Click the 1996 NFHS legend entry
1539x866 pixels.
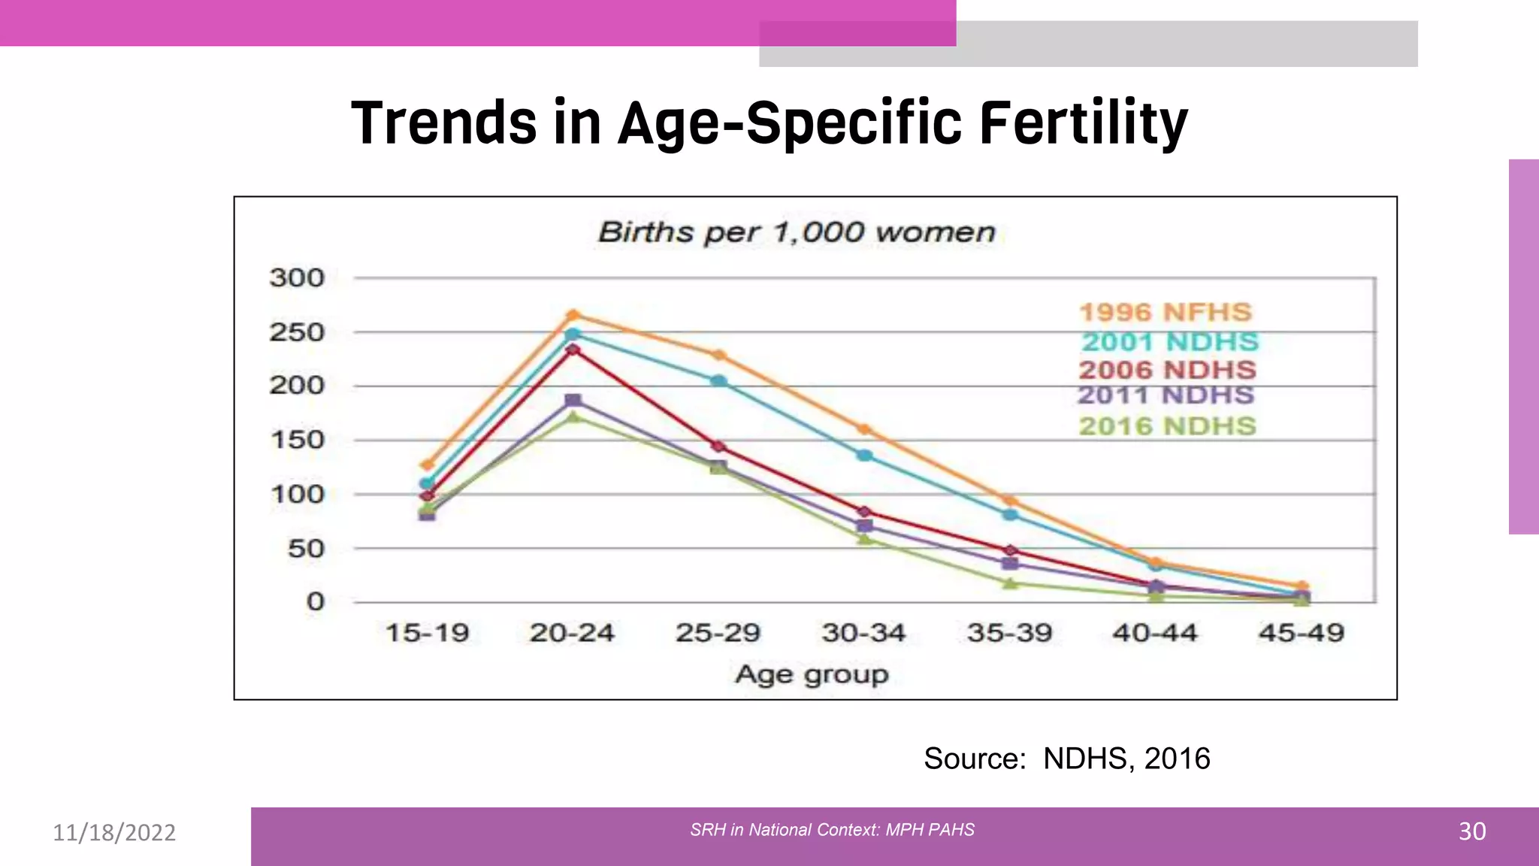click(1165, 312)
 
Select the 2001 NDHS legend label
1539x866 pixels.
click(1169, 342)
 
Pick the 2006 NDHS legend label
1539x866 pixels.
click(1167, 370)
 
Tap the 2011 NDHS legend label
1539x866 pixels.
click(1166, 395)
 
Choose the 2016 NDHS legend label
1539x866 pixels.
click(1167, 426)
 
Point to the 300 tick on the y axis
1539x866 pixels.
click(297, 278)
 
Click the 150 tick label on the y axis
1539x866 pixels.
click(297, 440)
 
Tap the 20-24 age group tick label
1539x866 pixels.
click(572, 633)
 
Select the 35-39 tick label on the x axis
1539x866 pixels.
click(1009, 633)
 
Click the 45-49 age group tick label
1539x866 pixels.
click(1301, 633)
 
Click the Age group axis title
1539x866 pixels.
click(812, 674)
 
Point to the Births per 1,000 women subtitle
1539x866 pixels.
click(797, 232)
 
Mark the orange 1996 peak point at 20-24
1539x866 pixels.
click(573, 315)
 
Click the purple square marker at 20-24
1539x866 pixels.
click(573, 401)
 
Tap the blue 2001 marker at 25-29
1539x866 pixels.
click(718, 381)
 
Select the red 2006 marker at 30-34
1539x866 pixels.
click(864, 512)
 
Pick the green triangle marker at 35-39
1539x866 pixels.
click(1010, 583)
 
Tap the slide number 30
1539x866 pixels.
click(1471, 831)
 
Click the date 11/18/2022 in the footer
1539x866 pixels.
click(114, 832)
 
